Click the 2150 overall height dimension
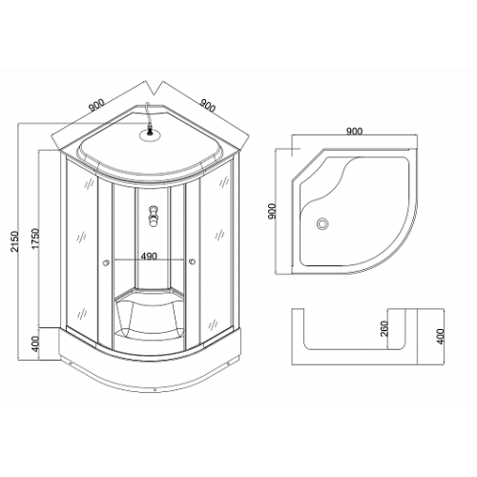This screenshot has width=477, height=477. click(x=15, y=241)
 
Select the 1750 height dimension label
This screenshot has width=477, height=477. click(x=35, y=238)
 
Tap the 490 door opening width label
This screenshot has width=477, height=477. click(x=149, y=256)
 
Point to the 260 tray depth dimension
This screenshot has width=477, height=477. click(x=384, y=328)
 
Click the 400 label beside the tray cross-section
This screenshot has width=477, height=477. click(x=440, y=336)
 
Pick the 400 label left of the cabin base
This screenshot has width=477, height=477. click(x=35, y=343)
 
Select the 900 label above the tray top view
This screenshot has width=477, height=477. click(x=354, y=131)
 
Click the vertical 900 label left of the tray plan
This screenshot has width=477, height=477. click(x=273, y=211)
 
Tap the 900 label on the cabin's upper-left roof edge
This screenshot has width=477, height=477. click(x=96, y=105)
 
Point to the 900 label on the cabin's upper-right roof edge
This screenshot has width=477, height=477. click(x=208, y=105)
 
